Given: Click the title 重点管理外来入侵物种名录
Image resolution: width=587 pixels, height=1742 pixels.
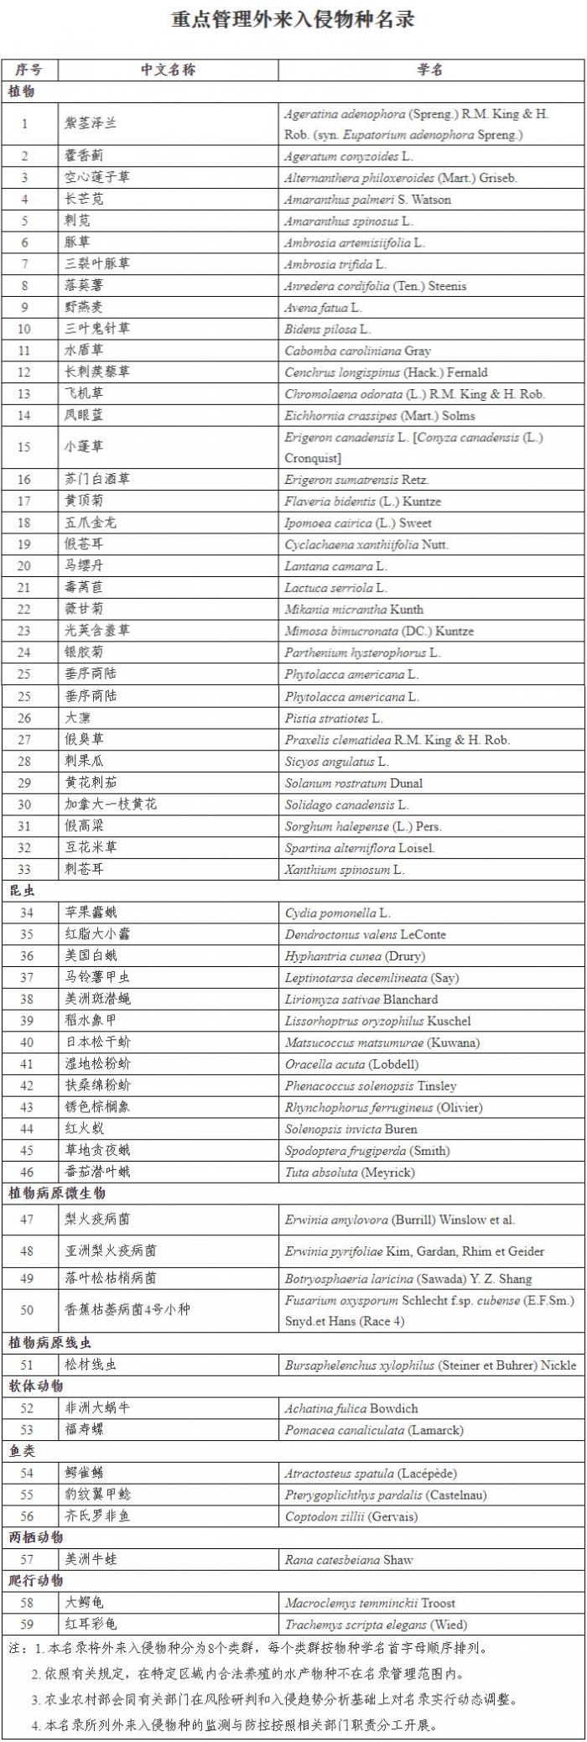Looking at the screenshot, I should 293,19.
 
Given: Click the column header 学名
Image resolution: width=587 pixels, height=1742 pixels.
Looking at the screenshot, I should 430,70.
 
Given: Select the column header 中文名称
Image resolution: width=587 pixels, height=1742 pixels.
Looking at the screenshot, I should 168,70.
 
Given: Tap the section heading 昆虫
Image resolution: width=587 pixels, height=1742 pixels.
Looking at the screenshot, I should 22,890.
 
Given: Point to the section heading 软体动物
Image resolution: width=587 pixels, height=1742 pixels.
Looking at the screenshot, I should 36,1386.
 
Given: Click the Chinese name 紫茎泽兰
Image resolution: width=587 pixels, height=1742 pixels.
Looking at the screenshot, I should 91,123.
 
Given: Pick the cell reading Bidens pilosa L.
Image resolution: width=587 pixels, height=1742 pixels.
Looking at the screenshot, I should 327,329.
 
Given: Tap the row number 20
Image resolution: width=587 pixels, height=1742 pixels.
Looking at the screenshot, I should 24,566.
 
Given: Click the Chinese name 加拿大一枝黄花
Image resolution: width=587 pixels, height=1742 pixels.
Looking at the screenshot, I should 111,803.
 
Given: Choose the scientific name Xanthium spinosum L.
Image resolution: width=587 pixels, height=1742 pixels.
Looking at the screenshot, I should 344,869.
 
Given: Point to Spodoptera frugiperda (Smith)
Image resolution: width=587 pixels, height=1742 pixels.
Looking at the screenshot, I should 367,1151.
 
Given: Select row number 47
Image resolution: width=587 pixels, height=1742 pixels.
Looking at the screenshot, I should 26,1219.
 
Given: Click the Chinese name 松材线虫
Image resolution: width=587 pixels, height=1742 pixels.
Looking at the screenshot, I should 91,1365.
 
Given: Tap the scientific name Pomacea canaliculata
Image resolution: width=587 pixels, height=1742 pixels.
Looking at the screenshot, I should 374,1430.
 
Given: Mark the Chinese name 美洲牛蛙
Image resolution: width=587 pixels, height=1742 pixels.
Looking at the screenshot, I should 91,1559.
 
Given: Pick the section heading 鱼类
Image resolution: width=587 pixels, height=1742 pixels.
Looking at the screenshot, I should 22,1451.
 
